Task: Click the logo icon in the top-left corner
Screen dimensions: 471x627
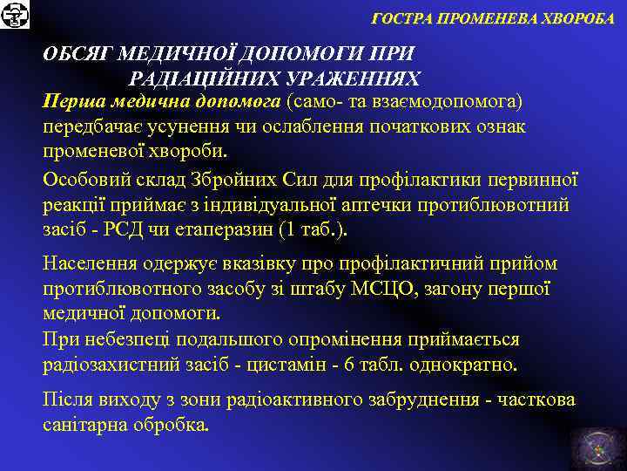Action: [x=16, y=15]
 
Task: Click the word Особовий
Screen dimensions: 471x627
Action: [x=83, y=181]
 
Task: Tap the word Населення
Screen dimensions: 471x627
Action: [x=89, y=263]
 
